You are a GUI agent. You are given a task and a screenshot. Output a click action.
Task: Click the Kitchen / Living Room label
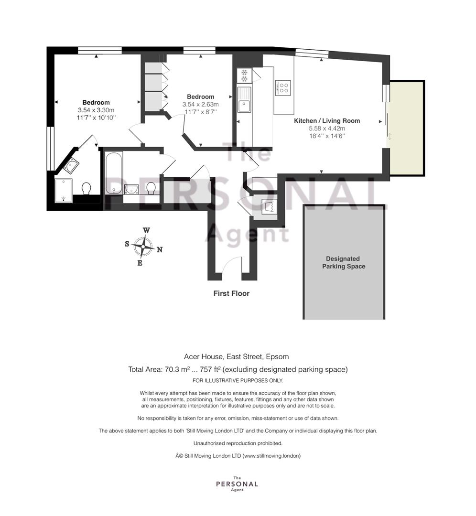pos(326,121)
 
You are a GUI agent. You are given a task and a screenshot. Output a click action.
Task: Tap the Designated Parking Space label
pos(343,263)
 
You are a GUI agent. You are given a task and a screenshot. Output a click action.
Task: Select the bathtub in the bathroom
pos(114,173)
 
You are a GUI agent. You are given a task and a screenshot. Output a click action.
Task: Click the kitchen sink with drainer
pos(244,100)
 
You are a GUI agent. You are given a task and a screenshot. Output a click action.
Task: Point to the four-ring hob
pos(283,88)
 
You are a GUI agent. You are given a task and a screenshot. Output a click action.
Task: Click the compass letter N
pos(159,250)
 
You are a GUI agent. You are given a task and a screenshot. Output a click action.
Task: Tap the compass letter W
pos(147,230)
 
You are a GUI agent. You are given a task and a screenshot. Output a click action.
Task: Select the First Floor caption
pos(231,293)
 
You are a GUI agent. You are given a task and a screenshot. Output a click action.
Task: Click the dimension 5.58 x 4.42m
pos(326,129)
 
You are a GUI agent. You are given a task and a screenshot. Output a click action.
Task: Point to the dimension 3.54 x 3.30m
pos(96,110)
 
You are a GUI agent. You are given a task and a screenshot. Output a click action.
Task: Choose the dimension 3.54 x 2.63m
pos(200,104)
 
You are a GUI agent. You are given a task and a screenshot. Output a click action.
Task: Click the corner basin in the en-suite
pos(71,165)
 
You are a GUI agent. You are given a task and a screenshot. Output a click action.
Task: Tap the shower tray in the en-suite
pos(63,191)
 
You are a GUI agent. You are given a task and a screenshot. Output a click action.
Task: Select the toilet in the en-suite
pos(87,189)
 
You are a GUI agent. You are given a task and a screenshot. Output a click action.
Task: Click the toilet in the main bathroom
pos(151,189)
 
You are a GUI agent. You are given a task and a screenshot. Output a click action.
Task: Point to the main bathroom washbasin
pos(132,190)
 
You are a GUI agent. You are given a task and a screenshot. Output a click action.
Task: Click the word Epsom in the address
pos(277,356)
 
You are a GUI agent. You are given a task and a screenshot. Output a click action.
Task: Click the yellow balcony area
pos(407,129)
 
